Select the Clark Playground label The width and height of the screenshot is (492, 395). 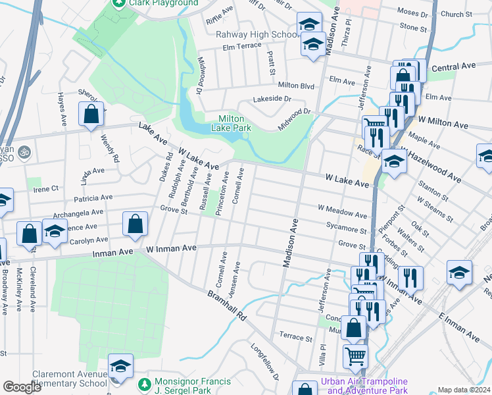(163, 3)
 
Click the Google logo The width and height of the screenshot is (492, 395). (22, 387)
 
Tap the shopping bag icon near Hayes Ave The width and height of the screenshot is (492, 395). (91, 114)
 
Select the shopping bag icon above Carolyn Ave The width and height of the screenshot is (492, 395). (135, 224)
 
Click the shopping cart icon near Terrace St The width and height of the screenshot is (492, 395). (355, 356)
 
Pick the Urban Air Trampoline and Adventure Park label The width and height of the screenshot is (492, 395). (364, 386)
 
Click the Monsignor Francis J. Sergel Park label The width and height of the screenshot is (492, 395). (192, 386)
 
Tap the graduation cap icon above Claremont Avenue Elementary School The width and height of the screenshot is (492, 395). (120, 366)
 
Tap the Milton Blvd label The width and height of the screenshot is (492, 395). (296, 85)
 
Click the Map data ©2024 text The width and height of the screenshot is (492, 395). (464, 390)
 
